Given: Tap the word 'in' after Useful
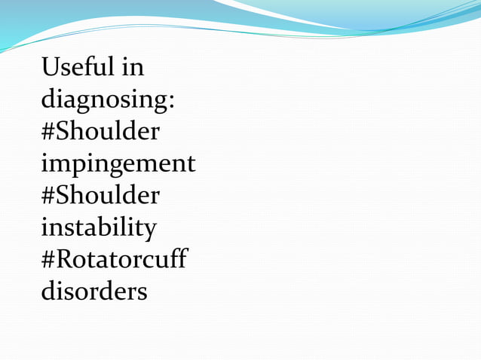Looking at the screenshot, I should point(132,68).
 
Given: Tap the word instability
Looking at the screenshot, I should point(99,227).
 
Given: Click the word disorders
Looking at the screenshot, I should point(94,291).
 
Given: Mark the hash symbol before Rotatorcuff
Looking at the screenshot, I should point(48,259).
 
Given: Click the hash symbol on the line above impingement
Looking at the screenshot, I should point(48,132).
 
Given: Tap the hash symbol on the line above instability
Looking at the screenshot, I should point(48,196).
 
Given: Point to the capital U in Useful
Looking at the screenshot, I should point(51,68).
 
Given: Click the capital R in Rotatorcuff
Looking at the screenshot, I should point(65,258).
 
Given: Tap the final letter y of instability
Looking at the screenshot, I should point(150,229).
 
